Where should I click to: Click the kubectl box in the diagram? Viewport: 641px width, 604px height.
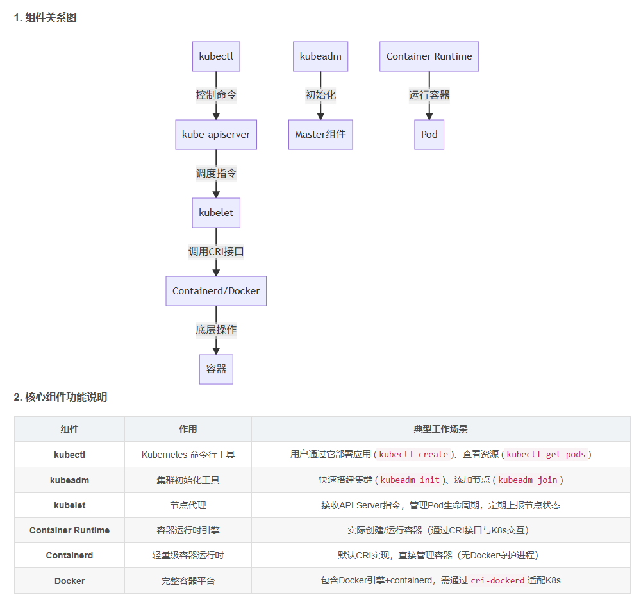pyautogui.click(x=216, y=56)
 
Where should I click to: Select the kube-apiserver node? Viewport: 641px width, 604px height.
pyautogui.click(x=216, y=135)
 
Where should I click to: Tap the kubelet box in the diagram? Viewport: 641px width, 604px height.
pyautogui.click(x=216, y=213)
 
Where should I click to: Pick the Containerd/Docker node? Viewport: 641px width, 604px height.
pyautogui.click(x=216, y=291)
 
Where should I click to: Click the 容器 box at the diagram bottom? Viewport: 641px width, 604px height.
pyautogui.click(x=216, y=369)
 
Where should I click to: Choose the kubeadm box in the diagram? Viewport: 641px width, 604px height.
pyautogui.click(x=320, y=56)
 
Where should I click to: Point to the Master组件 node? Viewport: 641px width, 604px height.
pyautogui.click(x=320, y=135)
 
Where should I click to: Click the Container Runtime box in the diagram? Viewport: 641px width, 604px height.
pyautogui.click(x=429, y=56)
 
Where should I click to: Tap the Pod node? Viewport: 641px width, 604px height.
pyautogui.click(x=429, y=135)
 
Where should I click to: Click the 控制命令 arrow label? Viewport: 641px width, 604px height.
pyautogui.click(x=216, y=95)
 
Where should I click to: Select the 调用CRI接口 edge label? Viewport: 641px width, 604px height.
pyautogui.click(x=216, y=251)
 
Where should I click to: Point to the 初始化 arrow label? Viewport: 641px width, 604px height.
pyautogui.click(x=320, y=95)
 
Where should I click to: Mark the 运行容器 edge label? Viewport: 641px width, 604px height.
pyautogui.click(x=429, y=95)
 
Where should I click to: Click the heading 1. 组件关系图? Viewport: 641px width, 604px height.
pyautogui.click(x=45, y=18)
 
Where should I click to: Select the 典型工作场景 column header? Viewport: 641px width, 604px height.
pyautogui.click(x=440, y=429)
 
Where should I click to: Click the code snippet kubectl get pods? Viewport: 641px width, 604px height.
pyautogui.click(x=545, y=455)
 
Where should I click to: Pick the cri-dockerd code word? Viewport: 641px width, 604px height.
pyautogui.click(x=497, y=581)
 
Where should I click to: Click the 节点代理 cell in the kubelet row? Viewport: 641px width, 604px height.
pyautogui.click(x=188, y=505)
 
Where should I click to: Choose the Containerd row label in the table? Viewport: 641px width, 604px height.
pyautogui.click(x=69, y=555)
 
